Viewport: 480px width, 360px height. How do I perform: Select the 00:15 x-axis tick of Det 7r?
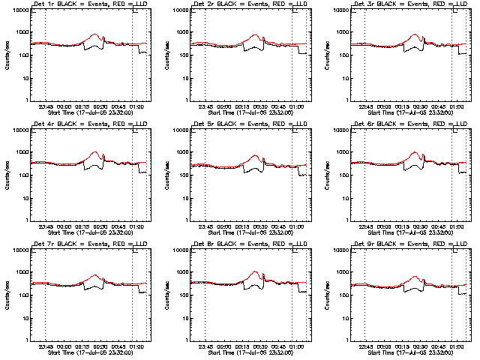80,346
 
